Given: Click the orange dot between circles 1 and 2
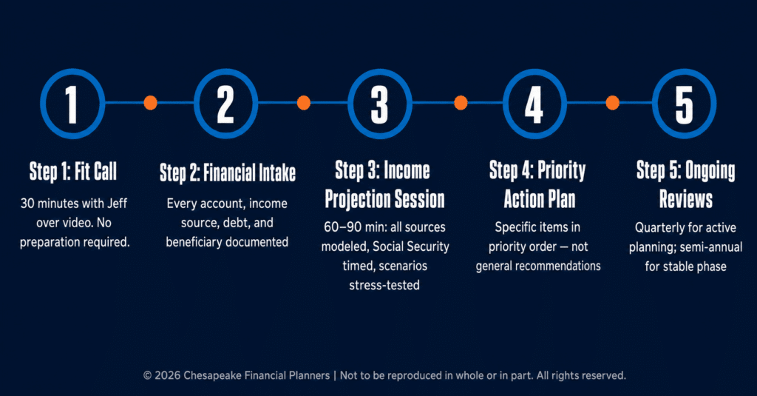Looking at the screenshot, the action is [151, 102].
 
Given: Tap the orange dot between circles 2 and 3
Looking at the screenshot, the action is [304, 102].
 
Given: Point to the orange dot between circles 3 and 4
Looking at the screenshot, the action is [461, 102].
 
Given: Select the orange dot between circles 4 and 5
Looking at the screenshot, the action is [613, 102].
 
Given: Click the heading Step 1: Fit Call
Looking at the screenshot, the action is [73, 172].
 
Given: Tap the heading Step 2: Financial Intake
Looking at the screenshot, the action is [228, 173].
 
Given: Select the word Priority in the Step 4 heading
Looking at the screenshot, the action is [562, 171].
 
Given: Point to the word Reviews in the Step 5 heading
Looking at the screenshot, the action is [686, 199].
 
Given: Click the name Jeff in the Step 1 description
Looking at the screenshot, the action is [117, 203].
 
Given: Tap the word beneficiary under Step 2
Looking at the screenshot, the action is [195, 242].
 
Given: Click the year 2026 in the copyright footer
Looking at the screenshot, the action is [167, 376].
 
